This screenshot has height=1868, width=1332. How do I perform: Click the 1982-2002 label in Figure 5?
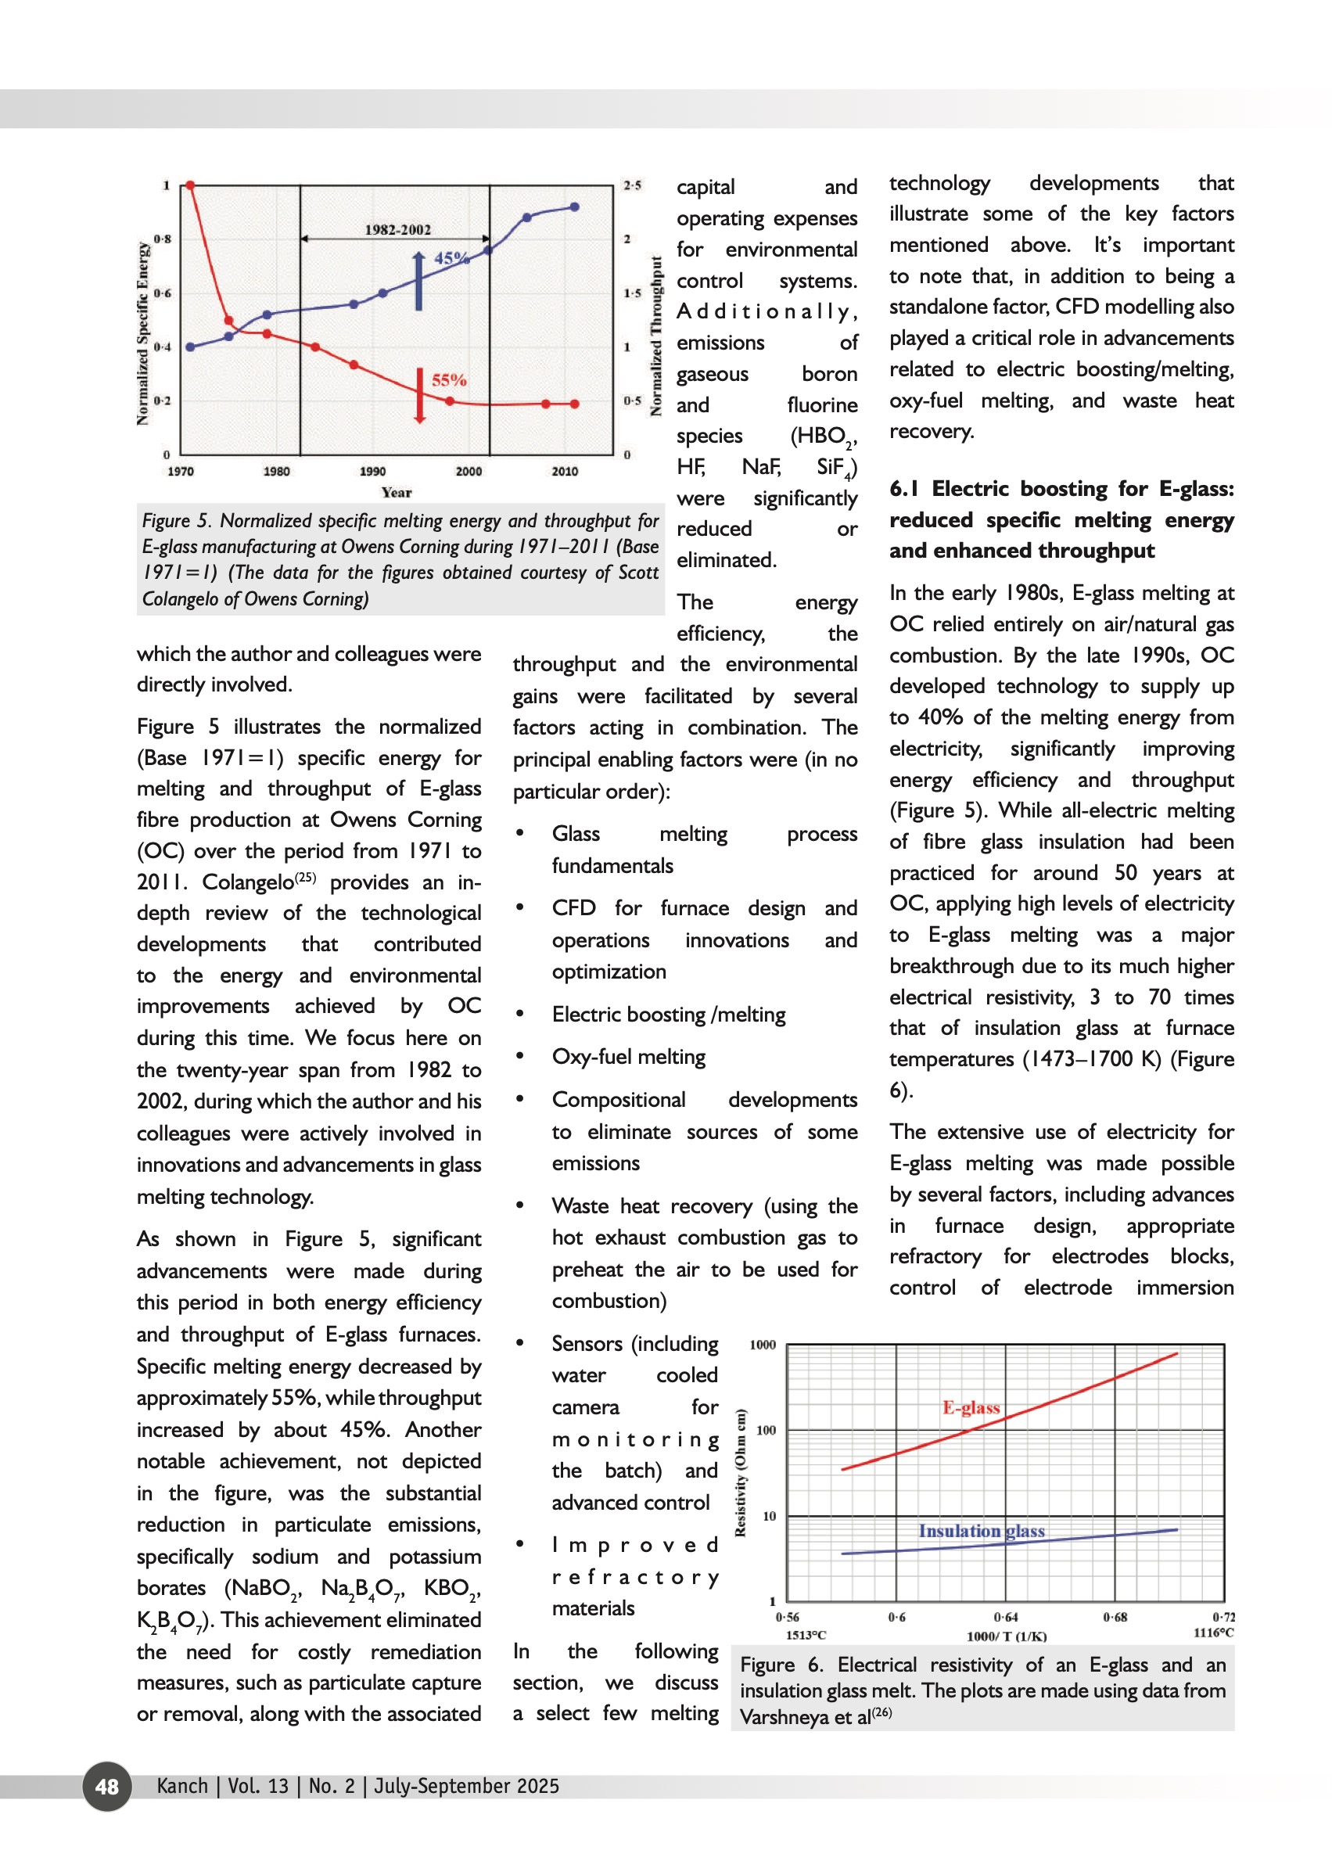(x=397, y=230)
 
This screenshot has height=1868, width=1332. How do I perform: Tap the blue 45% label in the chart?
(x=451, y=257)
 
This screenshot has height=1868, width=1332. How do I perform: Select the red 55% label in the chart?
(x=449, y=380)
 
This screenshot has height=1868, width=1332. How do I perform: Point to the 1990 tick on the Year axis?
(x=372, y=471)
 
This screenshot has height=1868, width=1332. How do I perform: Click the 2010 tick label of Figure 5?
(x=564, y=471)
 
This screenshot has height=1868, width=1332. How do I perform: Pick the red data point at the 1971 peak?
(x=190, y=185)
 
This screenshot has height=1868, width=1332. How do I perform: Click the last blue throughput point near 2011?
(x=575, y=207)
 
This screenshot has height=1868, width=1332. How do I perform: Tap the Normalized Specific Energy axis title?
(x=144, y=333)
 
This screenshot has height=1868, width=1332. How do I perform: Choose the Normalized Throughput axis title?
(x=656, y=336)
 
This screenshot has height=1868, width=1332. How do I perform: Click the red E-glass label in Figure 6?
(x=971, y=1408)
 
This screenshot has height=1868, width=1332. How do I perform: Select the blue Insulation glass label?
(x=981, y=1531)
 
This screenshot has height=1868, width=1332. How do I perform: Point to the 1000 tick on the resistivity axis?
(x=762, y=1345)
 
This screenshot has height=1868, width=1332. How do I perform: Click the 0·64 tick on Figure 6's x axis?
(x=1006, y=1617)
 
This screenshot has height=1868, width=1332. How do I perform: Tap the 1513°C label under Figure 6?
(x=806, y=1635)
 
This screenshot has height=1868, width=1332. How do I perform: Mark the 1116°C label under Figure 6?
(x=1213, y=1633)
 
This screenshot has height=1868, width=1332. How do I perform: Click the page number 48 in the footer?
(x=106, y=1786)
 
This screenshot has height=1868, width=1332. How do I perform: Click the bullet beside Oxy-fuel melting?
(x=520, y=1057)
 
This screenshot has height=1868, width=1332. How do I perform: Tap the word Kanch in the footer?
(x=182, y=1786)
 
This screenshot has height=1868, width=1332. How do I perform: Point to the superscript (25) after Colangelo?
(x=305, y=877)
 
